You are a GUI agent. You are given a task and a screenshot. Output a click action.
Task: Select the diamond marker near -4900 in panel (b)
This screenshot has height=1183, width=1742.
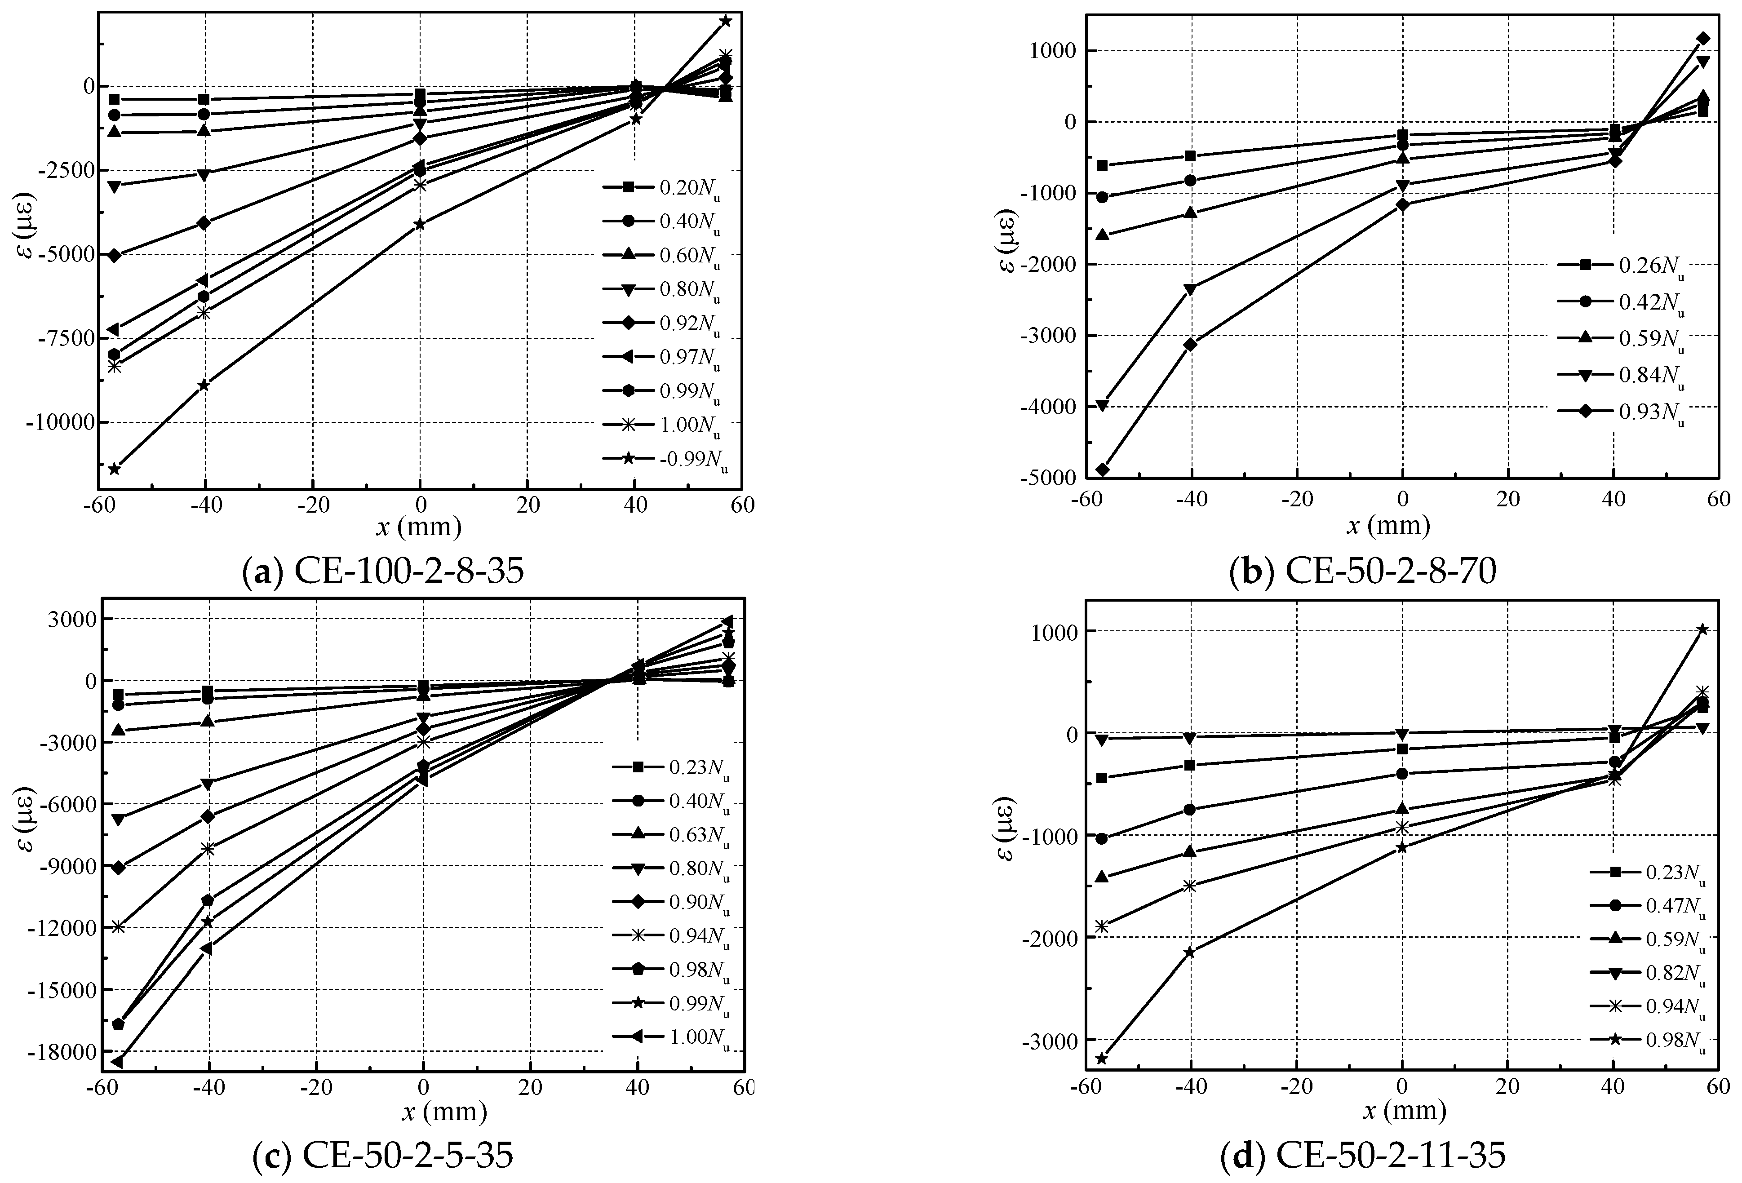pos(1102,470)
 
